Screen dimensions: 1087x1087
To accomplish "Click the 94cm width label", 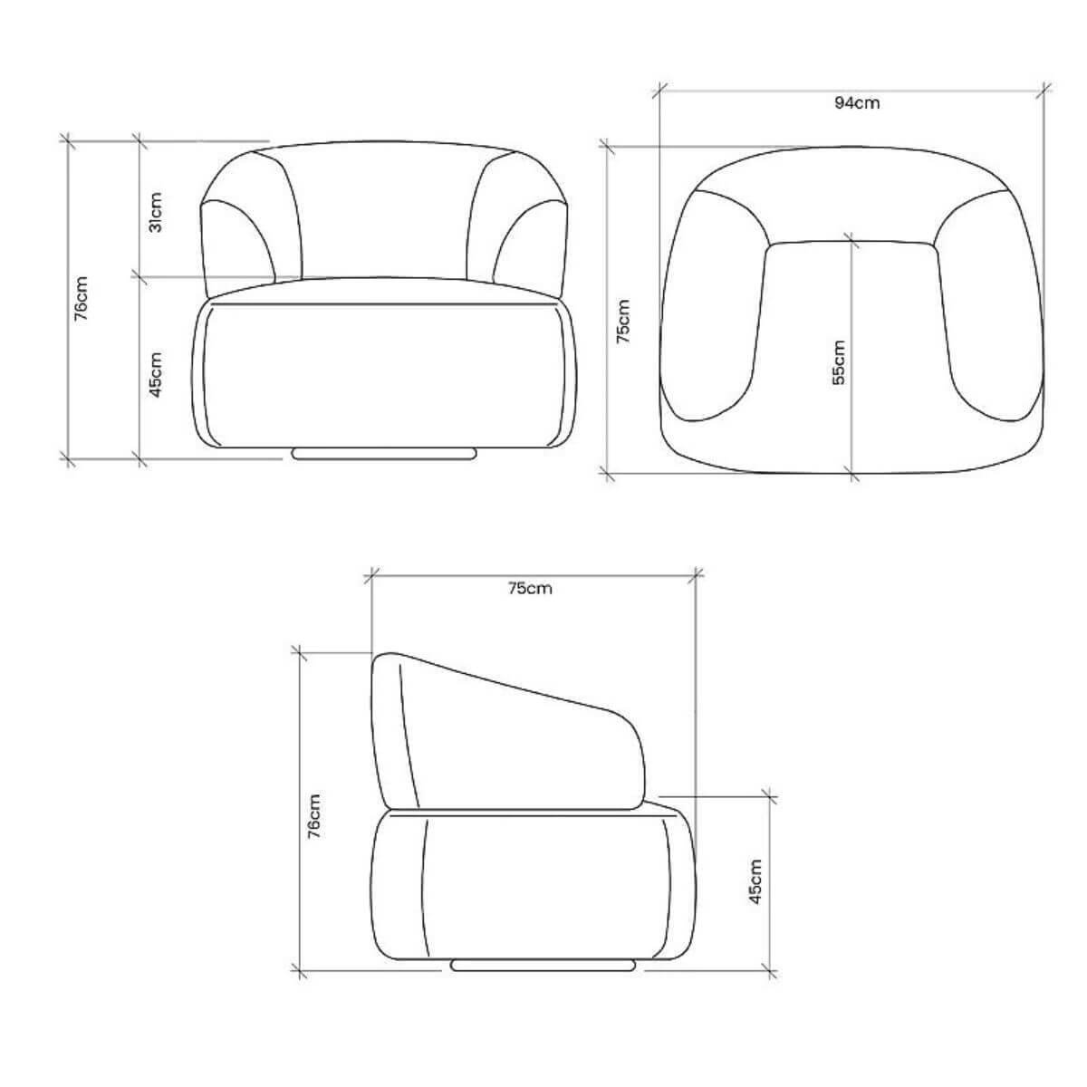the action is pos(856,103).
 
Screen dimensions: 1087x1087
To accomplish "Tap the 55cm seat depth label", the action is pos(839,362).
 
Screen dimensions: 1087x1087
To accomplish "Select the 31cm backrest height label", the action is pos(156,212).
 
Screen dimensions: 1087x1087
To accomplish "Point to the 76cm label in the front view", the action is pos(82,298).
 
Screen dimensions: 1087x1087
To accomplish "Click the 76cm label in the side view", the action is pos(314,816).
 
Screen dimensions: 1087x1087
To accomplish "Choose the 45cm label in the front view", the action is pos(156,374).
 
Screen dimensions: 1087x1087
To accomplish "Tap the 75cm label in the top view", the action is pos(622,322).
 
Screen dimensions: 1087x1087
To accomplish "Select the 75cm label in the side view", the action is pos(530,589).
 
